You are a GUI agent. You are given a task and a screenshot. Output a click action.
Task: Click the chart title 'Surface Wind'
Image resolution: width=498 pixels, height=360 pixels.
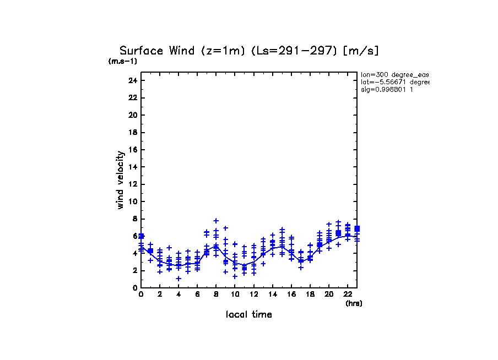tap(157, 51)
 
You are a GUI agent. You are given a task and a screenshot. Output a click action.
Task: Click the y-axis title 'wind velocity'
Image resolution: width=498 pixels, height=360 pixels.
tap(120, 180)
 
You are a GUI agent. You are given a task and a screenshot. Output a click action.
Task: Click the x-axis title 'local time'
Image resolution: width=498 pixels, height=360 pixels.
tap(248, 314)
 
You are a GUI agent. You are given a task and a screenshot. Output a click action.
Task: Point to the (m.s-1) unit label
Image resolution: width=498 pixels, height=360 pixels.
tap(123, 61)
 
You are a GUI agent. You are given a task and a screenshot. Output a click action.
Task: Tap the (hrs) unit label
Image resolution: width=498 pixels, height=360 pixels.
tap(354, 303)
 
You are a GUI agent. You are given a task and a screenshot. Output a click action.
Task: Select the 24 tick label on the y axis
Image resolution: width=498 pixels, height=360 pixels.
tap(132, 80)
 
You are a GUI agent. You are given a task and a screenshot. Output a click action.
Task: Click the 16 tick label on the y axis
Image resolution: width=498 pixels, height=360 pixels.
tap(132, 150)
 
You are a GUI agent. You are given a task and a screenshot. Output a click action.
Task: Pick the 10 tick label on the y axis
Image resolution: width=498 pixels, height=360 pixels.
tap(132, 201)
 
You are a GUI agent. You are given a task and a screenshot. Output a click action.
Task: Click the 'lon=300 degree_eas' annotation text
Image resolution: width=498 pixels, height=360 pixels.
tap(394, 74)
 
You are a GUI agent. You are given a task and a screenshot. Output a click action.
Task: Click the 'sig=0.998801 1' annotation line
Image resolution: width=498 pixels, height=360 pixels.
tap(387, 89)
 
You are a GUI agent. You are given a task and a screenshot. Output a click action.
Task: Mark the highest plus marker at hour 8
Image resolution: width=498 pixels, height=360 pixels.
tap(216, 221)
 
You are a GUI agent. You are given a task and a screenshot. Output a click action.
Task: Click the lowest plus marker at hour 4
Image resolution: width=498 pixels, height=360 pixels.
tap(178, 278)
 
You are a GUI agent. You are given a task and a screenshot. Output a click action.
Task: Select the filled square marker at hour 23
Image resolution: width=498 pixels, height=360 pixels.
tap(357, 228)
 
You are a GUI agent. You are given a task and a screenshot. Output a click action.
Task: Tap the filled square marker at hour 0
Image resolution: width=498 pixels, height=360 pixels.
tap(142, 236)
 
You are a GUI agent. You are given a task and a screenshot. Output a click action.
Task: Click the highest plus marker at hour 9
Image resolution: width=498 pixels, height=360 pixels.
tap(225, 228)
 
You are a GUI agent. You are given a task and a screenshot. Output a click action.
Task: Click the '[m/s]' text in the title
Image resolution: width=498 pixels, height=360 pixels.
tap(361, 51)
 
